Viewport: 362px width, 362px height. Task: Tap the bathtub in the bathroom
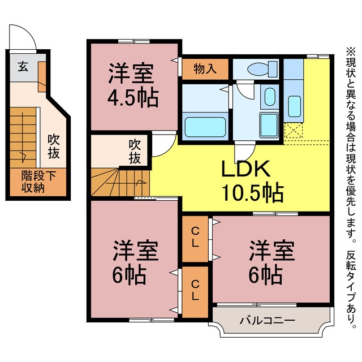coord(205,127)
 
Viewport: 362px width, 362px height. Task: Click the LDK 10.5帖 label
coord(252,181)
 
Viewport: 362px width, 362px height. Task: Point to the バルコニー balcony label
coord(268,321)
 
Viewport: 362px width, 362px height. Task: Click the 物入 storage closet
coord(205,69)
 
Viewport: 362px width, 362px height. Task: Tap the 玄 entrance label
coord(23,67)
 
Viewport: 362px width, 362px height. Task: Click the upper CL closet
coord(195,239)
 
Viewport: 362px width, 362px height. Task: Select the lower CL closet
coord(195,292)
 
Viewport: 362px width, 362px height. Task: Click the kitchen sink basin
coord(295,106)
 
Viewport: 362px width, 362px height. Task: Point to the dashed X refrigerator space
coord(294,131)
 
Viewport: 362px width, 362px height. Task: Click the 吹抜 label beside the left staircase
coord(54,146)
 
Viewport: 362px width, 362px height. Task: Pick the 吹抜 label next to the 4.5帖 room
coord(135,152)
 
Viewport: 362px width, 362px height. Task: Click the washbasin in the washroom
coord(270,97)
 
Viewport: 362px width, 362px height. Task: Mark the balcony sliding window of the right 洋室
coord(257,305)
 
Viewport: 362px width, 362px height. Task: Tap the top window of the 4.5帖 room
coord(134,41)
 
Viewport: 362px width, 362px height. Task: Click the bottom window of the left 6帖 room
coord(152,320)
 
